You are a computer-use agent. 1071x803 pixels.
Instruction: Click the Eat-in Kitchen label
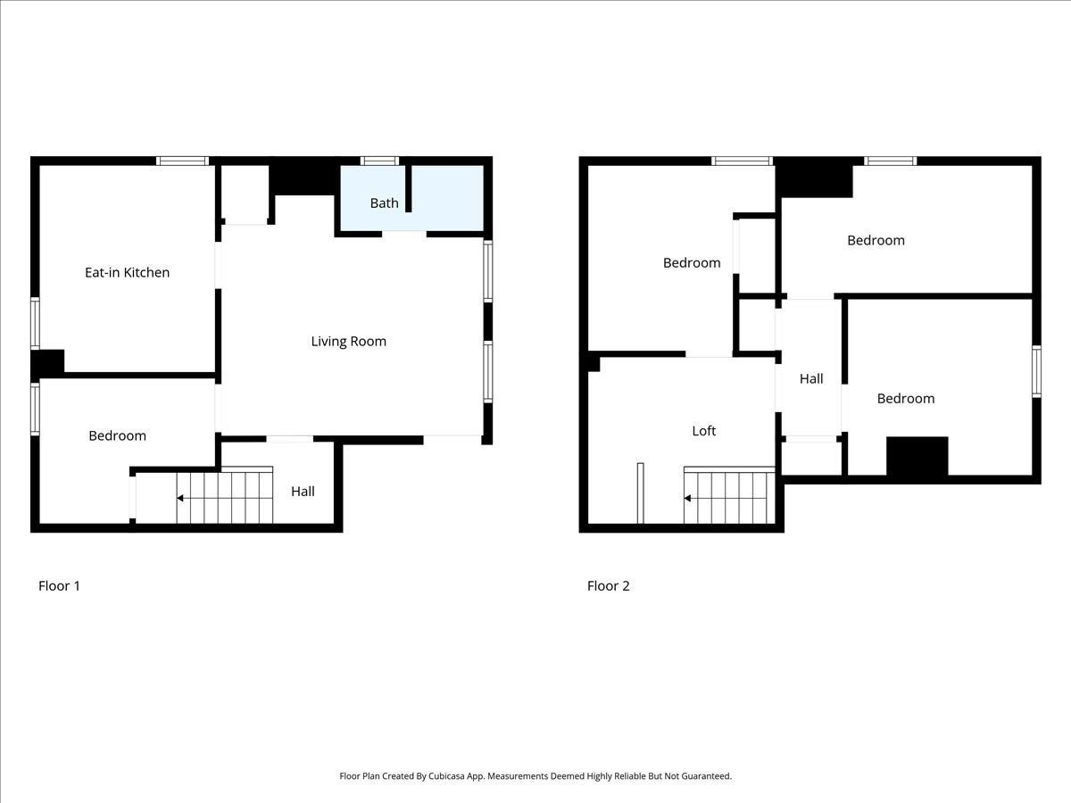[127, 272]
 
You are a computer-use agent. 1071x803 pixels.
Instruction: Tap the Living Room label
[348, 342]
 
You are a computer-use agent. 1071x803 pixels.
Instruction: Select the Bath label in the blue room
[384, 203]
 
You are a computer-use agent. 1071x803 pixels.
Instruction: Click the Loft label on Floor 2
[703, 431]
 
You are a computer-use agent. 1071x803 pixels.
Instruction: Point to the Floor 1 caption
[59, 585]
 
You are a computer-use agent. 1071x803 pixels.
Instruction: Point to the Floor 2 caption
[608, 585]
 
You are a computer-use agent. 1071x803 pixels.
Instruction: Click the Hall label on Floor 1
[303, 492]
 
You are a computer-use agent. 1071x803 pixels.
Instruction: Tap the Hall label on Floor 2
[811, 379]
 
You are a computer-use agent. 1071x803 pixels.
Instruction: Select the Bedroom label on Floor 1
[117, 435]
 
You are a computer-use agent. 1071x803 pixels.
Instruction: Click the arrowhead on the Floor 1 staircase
[180, 498]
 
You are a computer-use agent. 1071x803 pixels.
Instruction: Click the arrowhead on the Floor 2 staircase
[687, 498]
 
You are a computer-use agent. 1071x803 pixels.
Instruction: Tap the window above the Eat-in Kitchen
[182, 161]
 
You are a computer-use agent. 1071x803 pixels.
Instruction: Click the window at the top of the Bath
[379, 161]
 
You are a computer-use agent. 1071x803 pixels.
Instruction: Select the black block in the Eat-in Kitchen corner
[48, 363]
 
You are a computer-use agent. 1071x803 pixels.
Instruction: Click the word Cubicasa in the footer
[446, 775]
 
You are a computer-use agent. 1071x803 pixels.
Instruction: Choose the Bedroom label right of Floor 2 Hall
[906, 398]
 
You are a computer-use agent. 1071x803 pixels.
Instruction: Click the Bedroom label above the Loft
[692, 263]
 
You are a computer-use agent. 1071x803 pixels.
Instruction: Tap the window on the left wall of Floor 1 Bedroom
[35, 409]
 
